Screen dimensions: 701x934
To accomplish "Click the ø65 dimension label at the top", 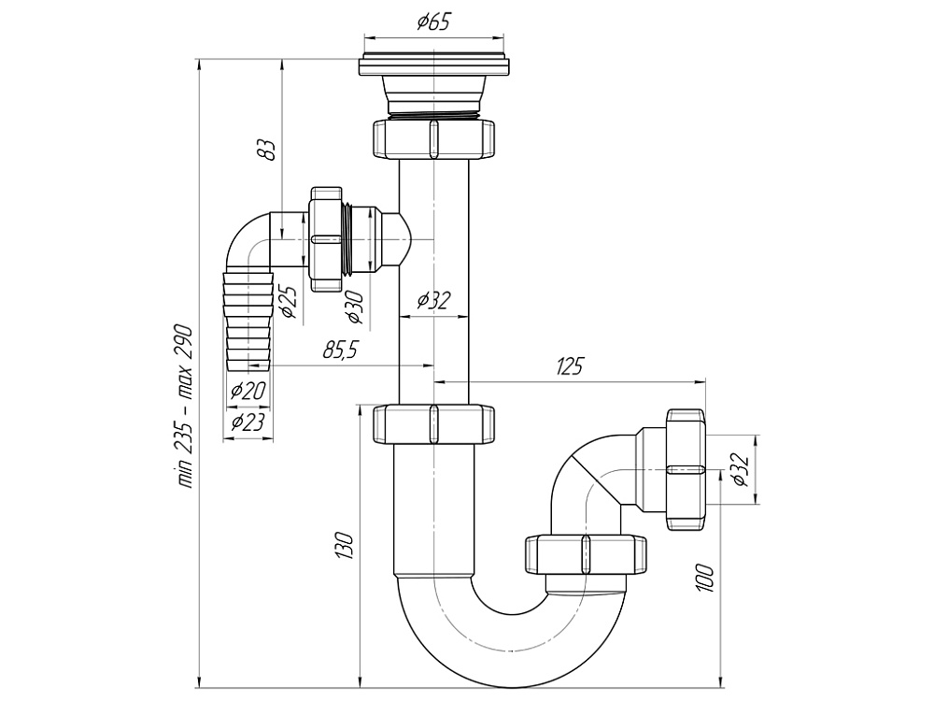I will point(433,21).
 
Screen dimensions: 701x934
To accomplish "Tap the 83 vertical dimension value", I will point(268,149).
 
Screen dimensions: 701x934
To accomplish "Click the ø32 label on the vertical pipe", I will point(433,300).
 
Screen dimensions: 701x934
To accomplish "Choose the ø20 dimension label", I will point(248,390).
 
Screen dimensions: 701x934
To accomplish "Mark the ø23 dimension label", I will point(248,422).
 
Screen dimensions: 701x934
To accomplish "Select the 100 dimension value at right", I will point(705,577).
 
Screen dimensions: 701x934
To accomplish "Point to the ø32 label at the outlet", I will point(738,468).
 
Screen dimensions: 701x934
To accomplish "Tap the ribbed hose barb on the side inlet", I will point(248,318).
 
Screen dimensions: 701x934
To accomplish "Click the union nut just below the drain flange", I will point(433,137).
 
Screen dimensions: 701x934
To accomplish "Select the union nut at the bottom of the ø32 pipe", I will point(433,422).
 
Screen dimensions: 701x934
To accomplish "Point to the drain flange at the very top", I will point(433,65).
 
